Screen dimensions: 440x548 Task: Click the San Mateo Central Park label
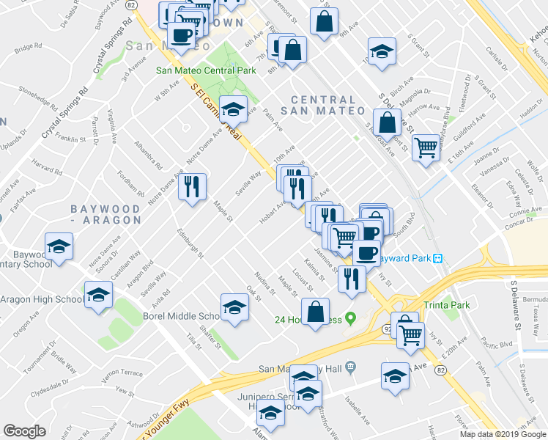(206, 70)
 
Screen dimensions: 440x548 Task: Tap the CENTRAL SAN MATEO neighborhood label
(327, 105)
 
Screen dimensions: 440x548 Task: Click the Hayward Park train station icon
(438, 258)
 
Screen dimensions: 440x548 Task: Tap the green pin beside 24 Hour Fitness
(350, 319)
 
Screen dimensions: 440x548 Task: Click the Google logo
(24, 431)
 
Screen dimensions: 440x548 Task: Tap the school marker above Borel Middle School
(234, 307)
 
